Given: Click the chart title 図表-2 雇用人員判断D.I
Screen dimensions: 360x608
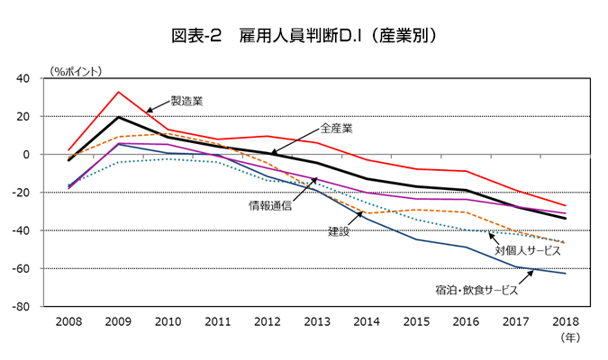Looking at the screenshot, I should pyautogui.click(x=304, y=36).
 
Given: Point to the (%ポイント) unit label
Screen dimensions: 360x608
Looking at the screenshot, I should pyautogui.click(x=77, y=69).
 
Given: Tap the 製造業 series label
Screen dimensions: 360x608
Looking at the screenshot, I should pyautogui.click(x=186, y=101).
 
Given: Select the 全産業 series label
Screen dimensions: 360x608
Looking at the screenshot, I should pyautogui.click(x=336, y=128).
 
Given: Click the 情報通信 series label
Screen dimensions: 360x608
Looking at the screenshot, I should pyautogui.click(x=270, y=205).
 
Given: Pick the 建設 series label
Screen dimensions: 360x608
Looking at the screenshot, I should pyautogui.click(x=339, y=231).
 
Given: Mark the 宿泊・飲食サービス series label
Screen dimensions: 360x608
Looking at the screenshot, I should pyautogui.click(x=476, y=290).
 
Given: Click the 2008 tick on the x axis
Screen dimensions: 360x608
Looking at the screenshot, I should pyautogui.click(x=68, y=320).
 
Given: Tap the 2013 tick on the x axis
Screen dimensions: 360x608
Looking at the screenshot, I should pyautogui.click(x=316, y=320).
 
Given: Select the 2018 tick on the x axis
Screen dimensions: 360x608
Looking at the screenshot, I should pyautogui.click(x=565, y=320).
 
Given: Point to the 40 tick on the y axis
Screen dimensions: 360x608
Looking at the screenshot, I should pyautogui.click(x=49, y=79).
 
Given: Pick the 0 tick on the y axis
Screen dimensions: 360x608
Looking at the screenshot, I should pyautogui.click(x=52, y=155).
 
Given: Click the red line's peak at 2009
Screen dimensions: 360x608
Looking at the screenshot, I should pyautogui.click(x=118, y=92).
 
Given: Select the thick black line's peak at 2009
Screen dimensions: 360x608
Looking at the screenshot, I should pyautogui.click(x=118, y=117).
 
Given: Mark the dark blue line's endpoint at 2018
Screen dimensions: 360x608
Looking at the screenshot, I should pyautogui.click(x=565, y=273).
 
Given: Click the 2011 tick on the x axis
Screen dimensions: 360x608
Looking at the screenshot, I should pyautogui.click(x=217, y=320).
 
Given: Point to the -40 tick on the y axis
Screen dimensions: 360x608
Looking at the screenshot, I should pyautogui.click(x=47, y=231).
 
